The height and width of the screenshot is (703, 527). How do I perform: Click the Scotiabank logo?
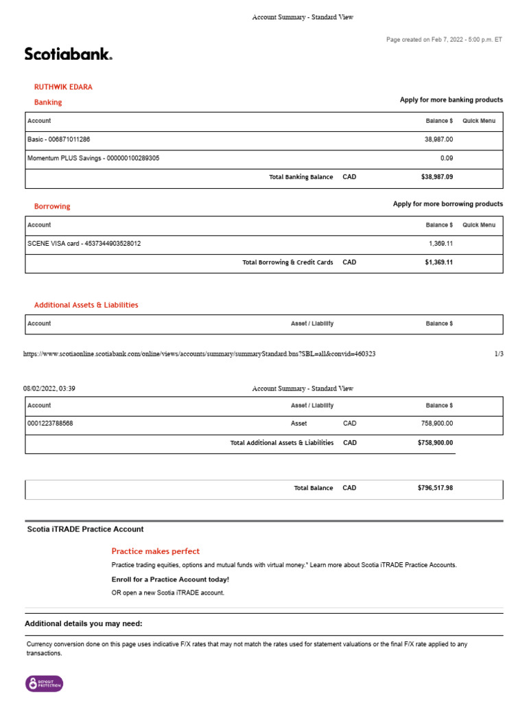[69, 54]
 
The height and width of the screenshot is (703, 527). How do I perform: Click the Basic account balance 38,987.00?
[439, 139]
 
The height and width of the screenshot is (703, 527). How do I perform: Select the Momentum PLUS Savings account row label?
[93, 158]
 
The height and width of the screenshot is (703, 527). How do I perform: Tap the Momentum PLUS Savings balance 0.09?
[447, 158]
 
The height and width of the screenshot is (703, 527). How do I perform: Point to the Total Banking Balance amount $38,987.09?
[436, 177]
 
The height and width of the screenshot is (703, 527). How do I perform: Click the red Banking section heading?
[48, 102]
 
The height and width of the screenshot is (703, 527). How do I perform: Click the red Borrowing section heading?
[52, 206]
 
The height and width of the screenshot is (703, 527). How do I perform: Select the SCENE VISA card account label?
[84, 244]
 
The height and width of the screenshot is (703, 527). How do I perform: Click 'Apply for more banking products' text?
[451, 100]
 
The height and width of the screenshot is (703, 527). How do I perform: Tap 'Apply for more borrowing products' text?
[447, 204]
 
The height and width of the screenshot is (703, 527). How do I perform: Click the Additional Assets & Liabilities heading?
[86, 305]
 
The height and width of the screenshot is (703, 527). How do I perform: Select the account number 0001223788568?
[50, 424]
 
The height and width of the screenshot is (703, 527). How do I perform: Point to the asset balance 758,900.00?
[436, 424]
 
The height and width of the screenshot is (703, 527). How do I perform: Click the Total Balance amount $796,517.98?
[435, 488]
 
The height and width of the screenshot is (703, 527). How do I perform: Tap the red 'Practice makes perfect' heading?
[156, 551]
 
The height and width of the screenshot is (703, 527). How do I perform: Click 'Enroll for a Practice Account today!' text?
[161, 579]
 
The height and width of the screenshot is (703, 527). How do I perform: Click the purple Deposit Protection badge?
[45, 684]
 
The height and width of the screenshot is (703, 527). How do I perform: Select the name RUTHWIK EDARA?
[63, 87]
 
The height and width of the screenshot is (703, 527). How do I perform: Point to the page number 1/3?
[498, 354]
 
